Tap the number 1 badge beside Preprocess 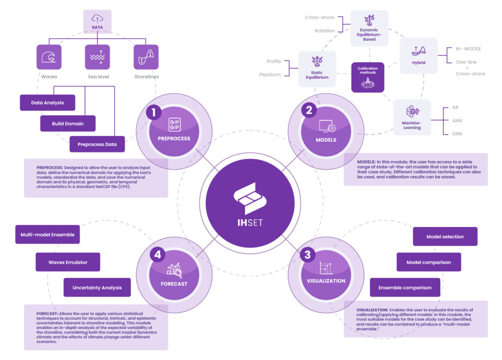[x=154, y=112]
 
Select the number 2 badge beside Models [x=309, y=110]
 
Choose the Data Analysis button [x=47, y=103]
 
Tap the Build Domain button [x=68, y=124]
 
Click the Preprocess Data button [x=97, y=144]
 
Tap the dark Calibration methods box [x=368, y=77]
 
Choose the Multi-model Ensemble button [x=48, y=235]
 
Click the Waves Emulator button [x=68, y=262]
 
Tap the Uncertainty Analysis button [x=97, y=287]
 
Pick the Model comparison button [x=428, y=262]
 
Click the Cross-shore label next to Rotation [x=320, y=18]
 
